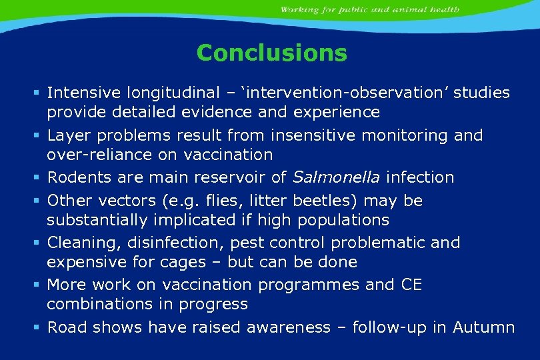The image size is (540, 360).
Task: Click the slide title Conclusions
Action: pos(272,53)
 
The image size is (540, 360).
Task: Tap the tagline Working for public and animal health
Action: pos(369,9)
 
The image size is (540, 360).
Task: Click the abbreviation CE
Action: pos(413,285)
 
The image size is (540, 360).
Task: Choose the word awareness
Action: pos(289,327)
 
